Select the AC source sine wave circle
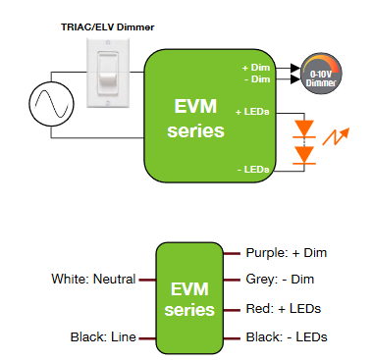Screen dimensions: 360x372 tap(45, 102)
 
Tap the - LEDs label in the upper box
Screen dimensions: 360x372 tap(254, 170)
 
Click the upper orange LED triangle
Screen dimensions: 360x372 tap(305, 127)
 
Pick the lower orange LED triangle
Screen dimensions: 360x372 tap(305, 154)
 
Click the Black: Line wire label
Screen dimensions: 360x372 tap(102, 337)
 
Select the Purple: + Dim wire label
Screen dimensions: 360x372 tap(286, 253)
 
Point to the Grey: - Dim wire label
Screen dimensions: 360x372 tap(280, 280)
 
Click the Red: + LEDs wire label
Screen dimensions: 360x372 tap(283, 309)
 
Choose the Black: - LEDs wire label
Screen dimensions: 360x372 tap(287, 337)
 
